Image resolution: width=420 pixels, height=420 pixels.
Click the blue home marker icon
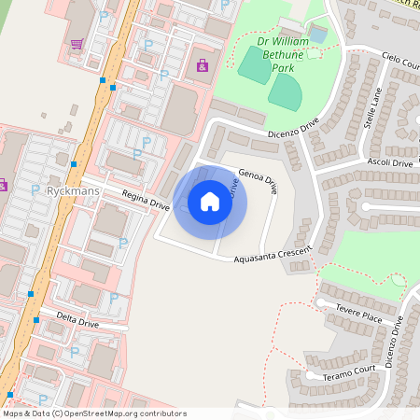(210, 202)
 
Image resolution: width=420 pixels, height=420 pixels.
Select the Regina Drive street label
(146, 199)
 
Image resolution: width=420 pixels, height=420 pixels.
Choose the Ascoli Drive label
(389, 163)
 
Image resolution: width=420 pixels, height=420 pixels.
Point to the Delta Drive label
(77, 322)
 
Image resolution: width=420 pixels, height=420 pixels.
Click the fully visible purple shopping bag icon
(203, 65)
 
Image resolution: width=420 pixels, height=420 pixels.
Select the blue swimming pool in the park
(318, 35)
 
